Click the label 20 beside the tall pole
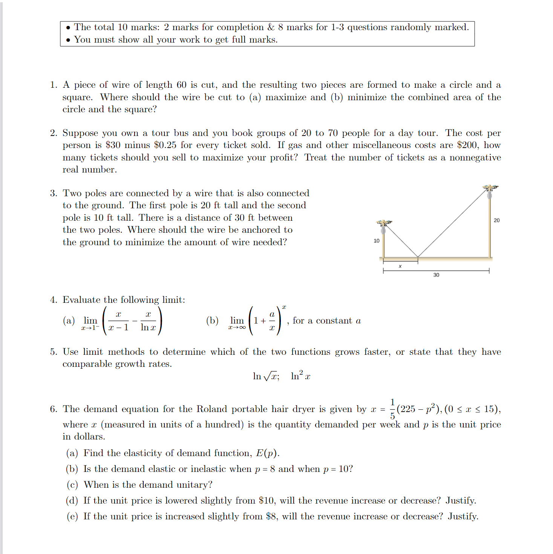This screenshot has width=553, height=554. pyautogui.click(x=496, y=220)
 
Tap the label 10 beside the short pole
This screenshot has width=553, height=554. pyautogui.click(x=376, y=241)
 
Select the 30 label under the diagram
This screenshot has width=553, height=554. pyautogui.click(x=436, y=275)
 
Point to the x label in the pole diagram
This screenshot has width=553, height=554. pyautogui.click(x=400, y=266)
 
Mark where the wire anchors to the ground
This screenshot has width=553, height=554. pyautogui.click(x=418, y=257)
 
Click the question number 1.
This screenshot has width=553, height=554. pyautogui.click(x=54, y=85)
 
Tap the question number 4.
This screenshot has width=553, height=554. pyautogui.click(x=54, y=300)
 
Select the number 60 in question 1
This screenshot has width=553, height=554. pyautogui.click(x=181, y=85)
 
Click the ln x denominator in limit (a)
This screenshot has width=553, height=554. pyautogui.click(x=148, y=328)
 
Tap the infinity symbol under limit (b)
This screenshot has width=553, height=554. pyautogui.click(x=242, y=328)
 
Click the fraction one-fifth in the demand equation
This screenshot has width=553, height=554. pyautogui.click(x=392, y=409)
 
